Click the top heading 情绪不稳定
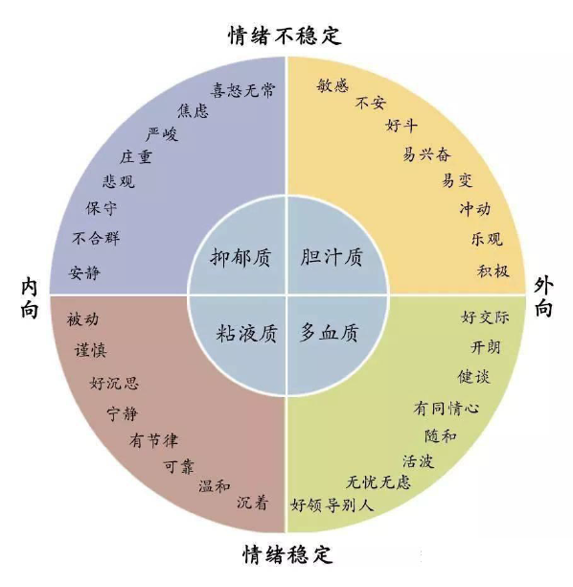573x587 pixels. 285,35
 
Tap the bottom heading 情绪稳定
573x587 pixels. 287,554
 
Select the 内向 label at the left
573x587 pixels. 29,298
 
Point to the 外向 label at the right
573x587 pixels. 543,297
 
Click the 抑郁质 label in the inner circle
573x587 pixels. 241,258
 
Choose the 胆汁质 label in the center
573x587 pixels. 332,257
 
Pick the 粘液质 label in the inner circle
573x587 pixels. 247,333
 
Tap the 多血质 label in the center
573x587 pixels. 329,333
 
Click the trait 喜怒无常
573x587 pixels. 242,90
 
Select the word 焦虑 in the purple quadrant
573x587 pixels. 193,111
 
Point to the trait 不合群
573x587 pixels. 96,238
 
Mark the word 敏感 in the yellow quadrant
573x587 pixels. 332,85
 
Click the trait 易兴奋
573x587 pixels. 426,153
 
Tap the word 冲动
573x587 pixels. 475,209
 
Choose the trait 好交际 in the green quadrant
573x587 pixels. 485,317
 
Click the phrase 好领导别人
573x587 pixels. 332,505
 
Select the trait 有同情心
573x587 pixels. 447,408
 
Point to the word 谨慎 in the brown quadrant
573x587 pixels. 90,351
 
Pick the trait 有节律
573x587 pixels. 153,440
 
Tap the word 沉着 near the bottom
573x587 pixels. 252,503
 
